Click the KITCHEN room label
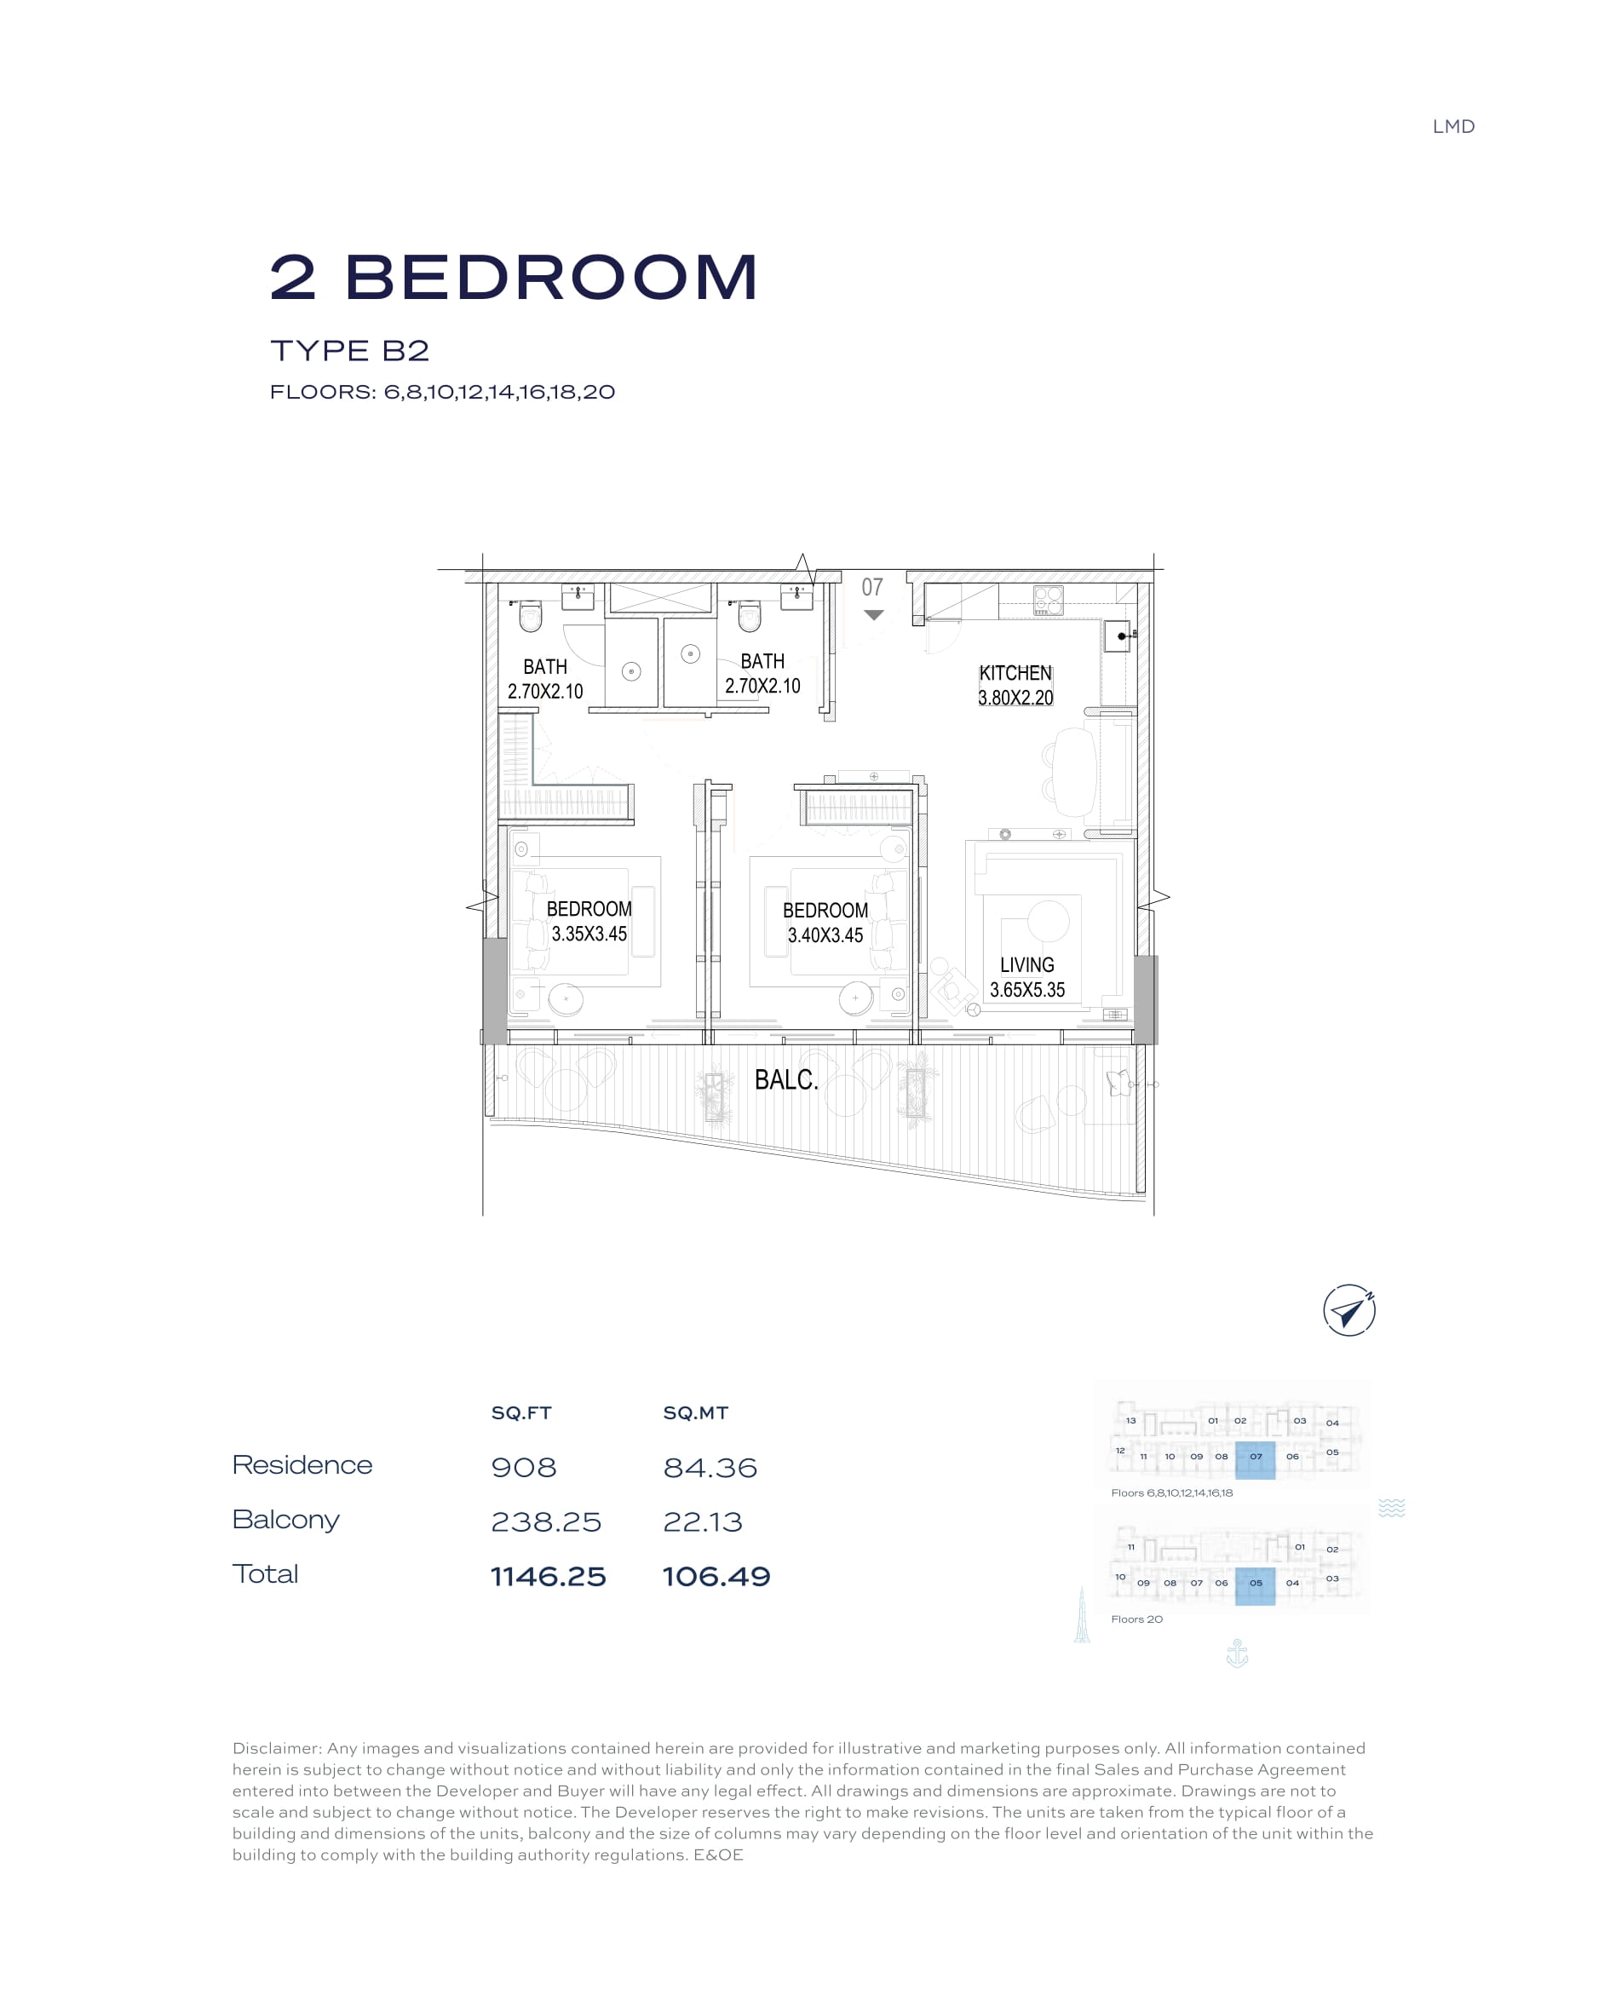(x=1015, y=672)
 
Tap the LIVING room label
(x=1026, y=964)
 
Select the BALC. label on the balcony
(x=786, y=1079)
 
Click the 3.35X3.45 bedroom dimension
(x=589, y=934)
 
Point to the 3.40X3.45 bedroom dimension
(x=825, y=935)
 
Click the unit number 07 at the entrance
(x=872, y=586)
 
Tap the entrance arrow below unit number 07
(x=873, y=614)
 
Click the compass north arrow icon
(x=1348, y=1311)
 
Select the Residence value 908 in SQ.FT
(x=524, y=1467)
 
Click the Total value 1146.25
(x=549, y=1576)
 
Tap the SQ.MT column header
(x=696, y=1412)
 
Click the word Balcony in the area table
(x=285, y=1520)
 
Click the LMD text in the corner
(x=1453, y=127)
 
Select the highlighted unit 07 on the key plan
(x=1255, y=1460)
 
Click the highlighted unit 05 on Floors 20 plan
(x=1255, y=1586)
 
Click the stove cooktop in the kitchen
(x=1048, y=601)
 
